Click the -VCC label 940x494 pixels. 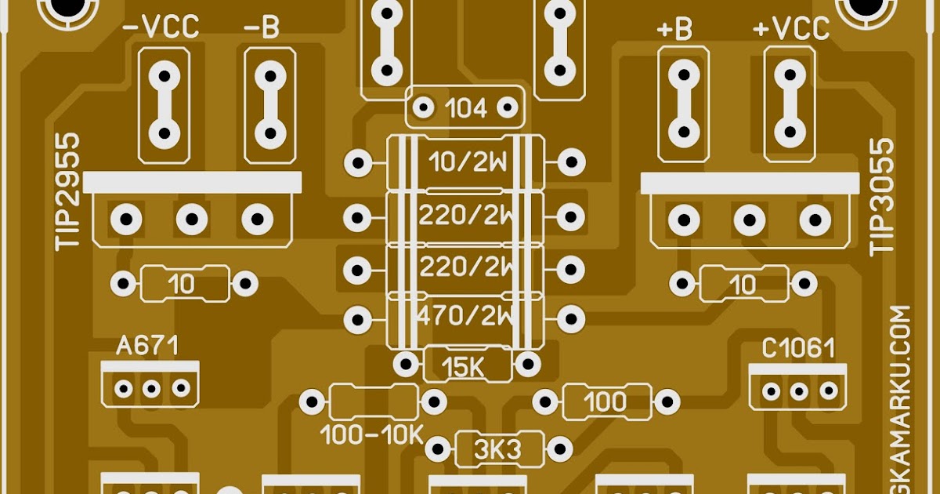click(x=161, y=29)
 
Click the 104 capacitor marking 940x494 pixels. click(x=465, y=108)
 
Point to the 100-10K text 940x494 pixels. click(x=372, y=434)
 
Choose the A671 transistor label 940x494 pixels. click(x=147, y=346)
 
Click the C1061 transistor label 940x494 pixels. click(x=797, y=349)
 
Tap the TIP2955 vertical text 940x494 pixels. click(x=68, y=192)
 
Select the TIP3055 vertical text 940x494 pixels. click(x=882, y=196)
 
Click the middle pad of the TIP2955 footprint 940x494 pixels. click(x=191, y=219)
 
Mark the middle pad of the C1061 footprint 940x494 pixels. click(x=799, y=390)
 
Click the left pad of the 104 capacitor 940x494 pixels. click(x=424, y=107)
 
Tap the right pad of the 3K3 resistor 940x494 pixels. click(x=559, y=450)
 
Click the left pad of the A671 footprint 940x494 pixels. click(x=123, y=387)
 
